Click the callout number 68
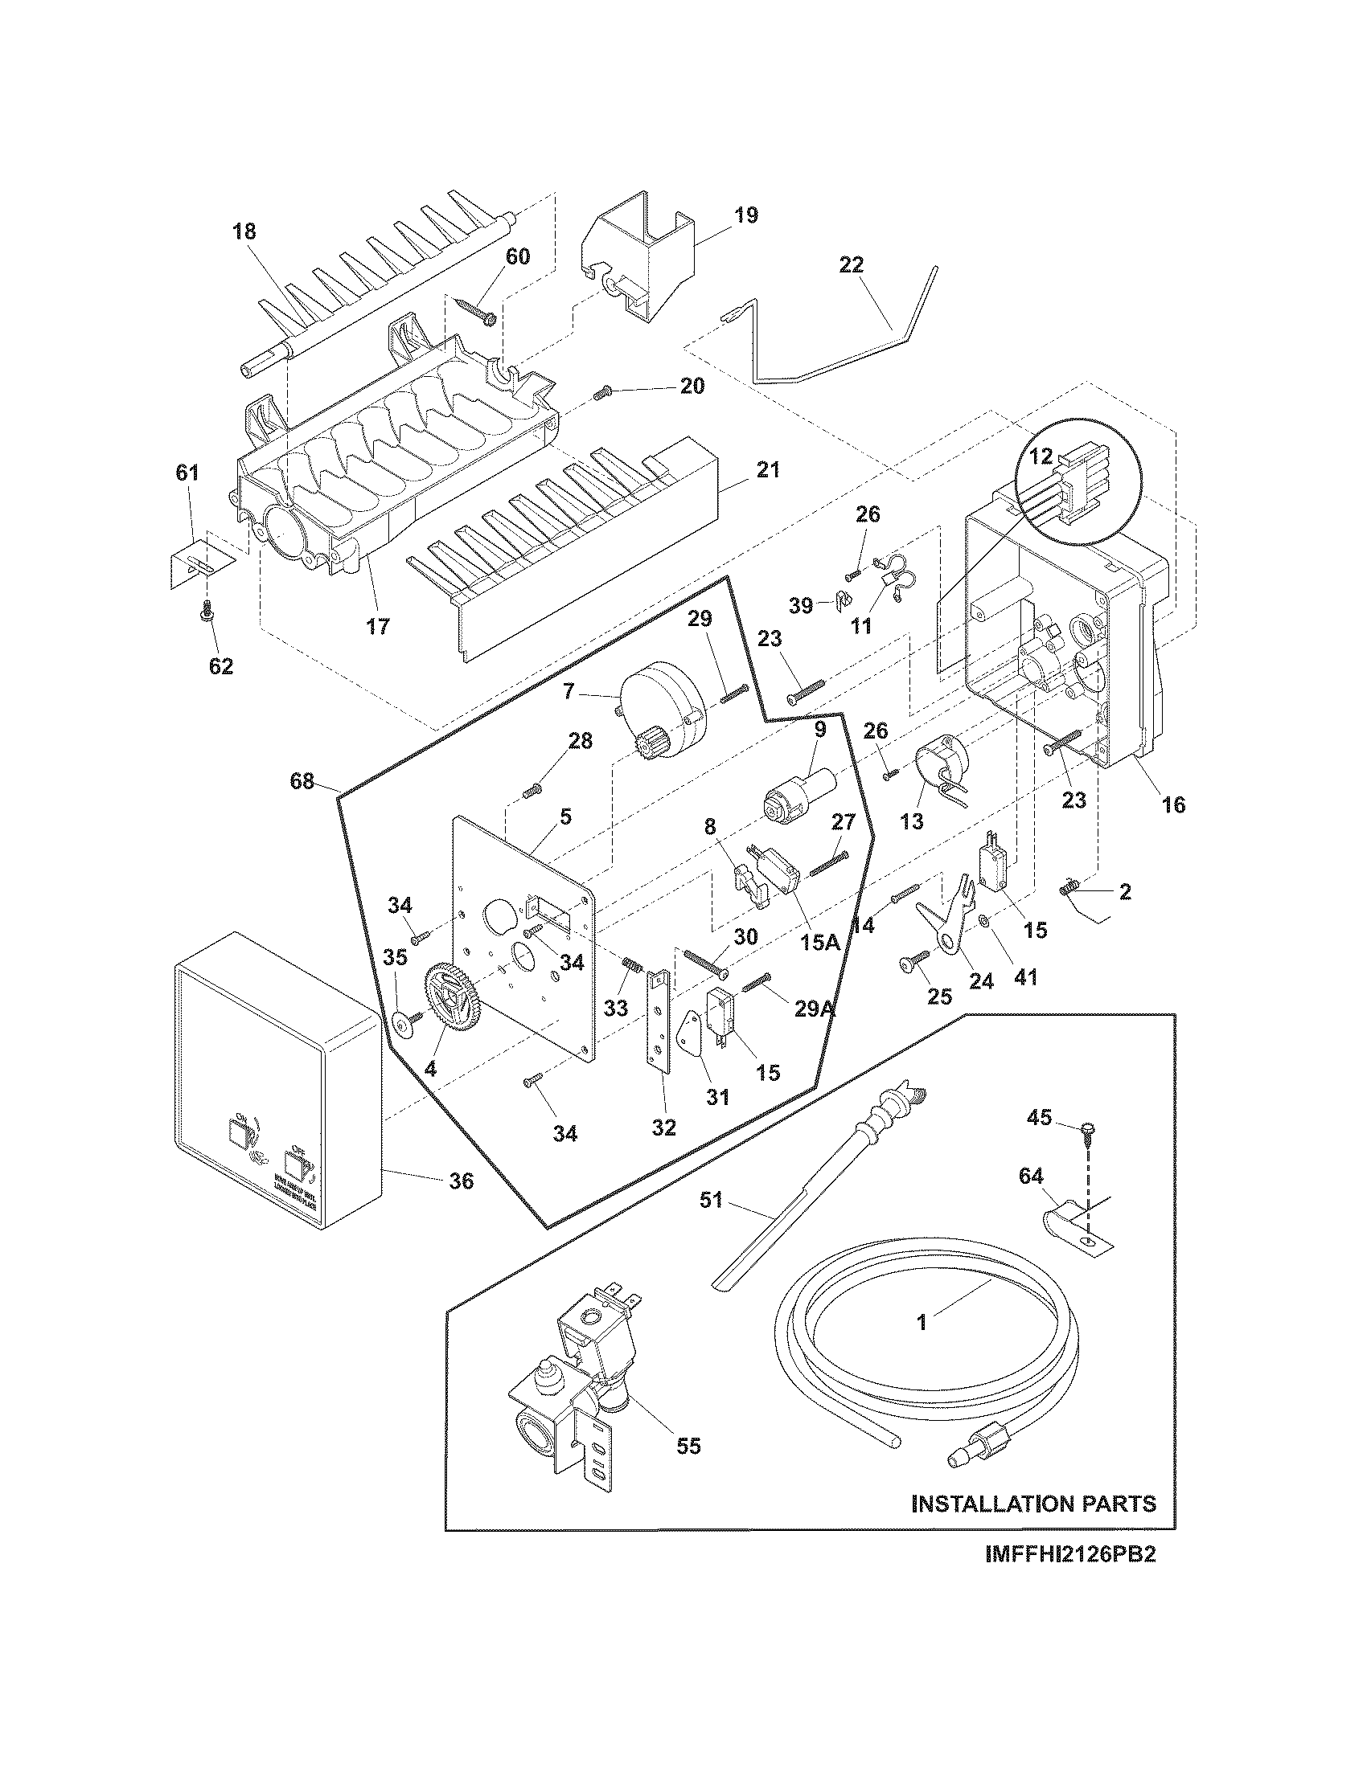pos(302,782)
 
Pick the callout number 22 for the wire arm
pos(851,264)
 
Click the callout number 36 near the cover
pos(461,1181)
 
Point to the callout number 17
pos(377,626)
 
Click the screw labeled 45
pos(1086,1130)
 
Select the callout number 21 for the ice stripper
pos(768,469)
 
